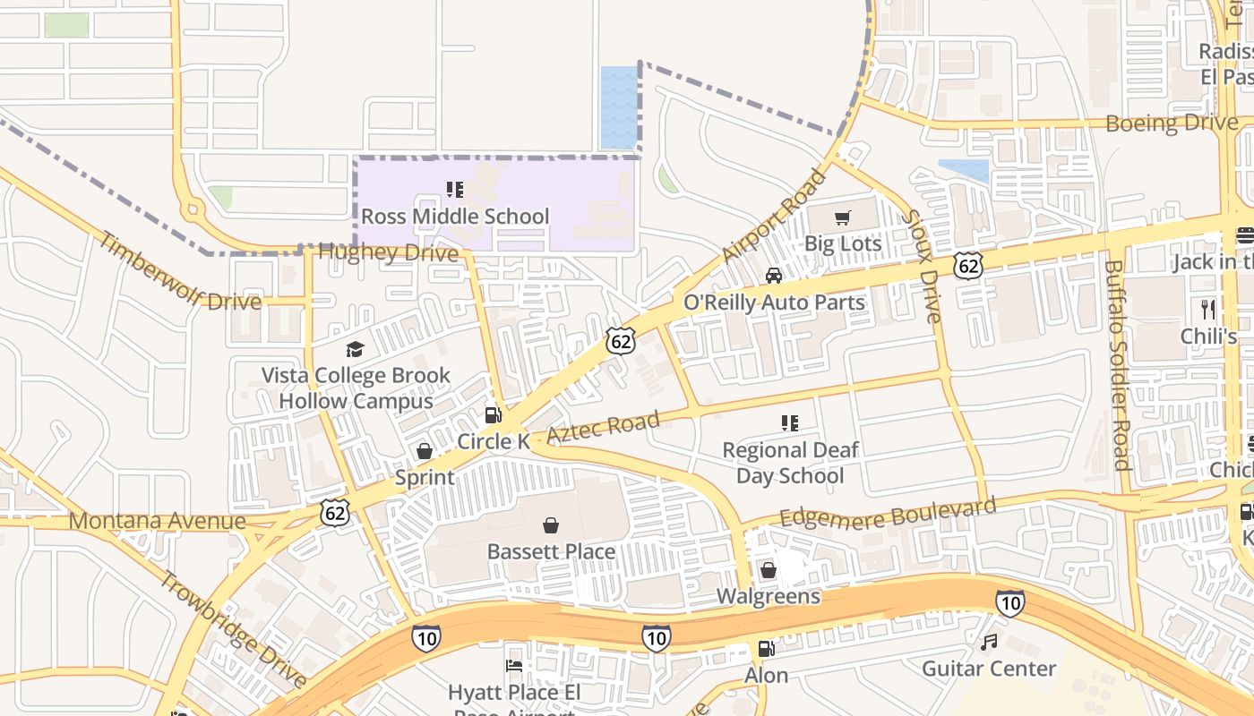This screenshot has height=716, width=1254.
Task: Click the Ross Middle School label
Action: [x=455, y=217]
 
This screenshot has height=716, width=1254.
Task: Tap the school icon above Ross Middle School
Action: [x=455, y=190]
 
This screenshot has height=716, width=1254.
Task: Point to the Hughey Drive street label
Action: [x=388, y=253]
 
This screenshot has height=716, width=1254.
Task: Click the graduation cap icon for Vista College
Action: [x=356, y=349]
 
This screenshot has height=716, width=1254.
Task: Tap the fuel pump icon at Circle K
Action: [x=493, y=414]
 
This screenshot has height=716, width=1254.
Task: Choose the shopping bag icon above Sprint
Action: [x=425, y=451]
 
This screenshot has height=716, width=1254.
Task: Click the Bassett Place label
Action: [x=551, y=551]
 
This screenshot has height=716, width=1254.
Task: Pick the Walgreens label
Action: [x=768, y=596]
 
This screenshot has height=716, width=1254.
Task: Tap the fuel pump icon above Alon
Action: [x=766, y=649]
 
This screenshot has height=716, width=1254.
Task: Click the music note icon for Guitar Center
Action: [x=989, y=642]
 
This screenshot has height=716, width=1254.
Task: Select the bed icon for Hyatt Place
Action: [x=514, y=666]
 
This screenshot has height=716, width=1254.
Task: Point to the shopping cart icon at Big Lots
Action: [x=842, y=217]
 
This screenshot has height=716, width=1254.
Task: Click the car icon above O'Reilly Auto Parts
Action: [x=774, y=276]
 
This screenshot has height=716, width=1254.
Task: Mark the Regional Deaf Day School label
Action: [x=789, y=463]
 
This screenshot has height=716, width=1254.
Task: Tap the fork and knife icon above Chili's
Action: [x=1208, y=310]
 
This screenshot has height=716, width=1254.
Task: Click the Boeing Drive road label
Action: [x=1172, y=123]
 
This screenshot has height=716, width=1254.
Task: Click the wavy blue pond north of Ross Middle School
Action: [x=619, y=107]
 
